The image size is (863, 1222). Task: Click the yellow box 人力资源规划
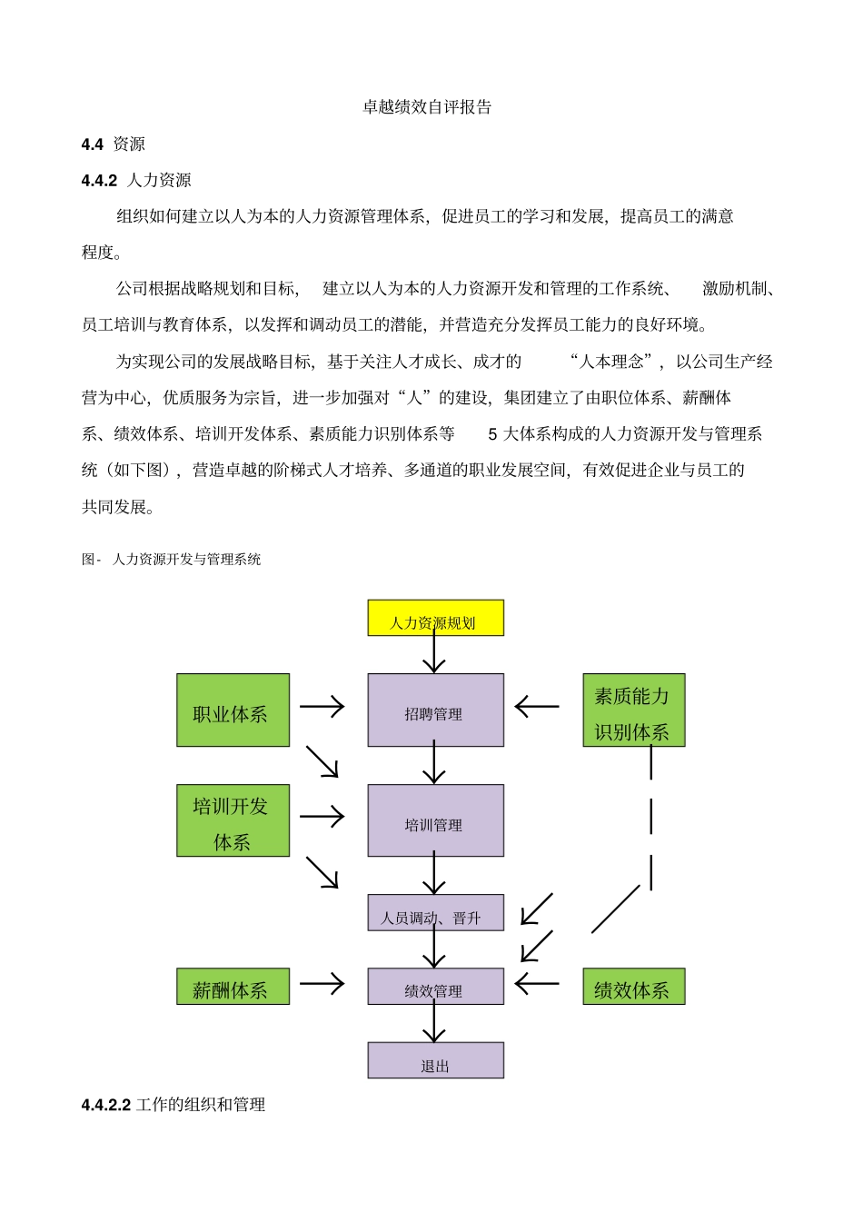(435, 618)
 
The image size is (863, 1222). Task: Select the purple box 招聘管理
(435, 710)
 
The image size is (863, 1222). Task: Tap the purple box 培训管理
(435, 820)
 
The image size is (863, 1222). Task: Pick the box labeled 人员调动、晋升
(435, 913)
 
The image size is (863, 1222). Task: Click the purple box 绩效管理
(435, 987)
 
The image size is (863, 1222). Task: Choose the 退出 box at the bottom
(435, 1060)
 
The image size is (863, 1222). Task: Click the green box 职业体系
(233, 710)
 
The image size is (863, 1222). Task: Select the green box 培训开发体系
(233, 820)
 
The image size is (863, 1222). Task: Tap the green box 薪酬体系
(233, 987)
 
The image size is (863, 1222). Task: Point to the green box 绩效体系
(633, 987)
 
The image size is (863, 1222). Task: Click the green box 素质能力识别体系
(633, 710)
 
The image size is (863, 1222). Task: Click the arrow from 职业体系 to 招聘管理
(322, 707)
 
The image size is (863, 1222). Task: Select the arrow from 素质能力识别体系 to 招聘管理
(537, 707)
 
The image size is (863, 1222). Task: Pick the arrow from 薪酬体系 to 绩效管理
(322, 983)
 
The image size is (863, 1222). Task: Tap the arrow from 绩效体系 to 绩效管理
(537, 983)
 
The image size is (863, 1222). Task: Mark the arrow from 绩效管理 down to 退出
(434, 1023)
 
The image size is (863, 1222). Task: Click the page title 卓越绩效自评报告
(427, 107)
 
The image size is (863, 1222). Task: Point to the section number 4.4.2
(99, 181)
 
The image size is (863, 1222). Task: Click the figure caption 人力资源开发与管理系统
(186, 560)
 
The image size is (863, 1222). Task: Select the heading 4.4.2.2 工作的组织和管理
(174, 1105)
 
